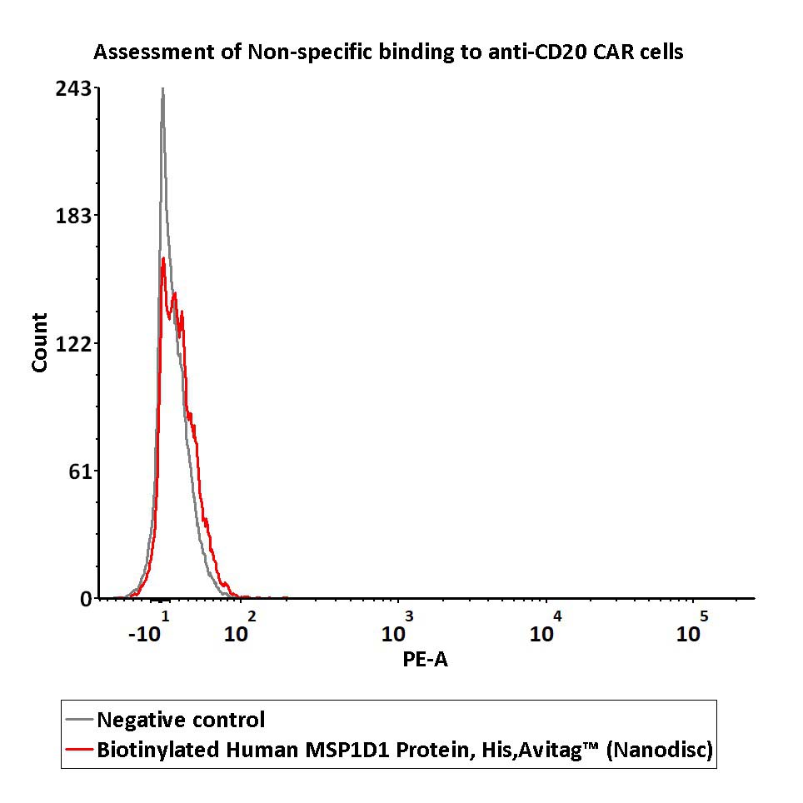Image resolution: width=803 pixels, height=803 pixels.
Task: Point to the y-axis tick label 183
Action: pyautogui.click(x=73, y=216)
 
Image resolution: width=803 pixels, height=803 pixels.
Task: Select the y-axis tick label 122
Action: pyautogui.click(x=73, y=343)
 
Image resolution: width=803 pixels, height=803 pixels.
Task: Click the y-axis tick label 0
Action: pyautogui.click(x=86, y=598)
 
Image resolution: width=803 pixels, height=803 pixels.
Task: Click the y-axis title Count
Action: pyautogui.click(x=39, y=342)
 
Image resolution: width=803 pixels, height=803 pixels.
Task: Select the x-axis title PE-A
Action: pyautogui.click(x=425, y=660)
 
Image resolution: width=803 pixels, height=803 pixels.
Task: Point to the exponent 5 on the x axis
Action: pyautogui.click(x=704, y=616)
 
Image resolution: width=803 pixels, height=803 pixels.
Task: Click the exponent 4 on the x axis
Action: pyautogui.click(x=557, y=616)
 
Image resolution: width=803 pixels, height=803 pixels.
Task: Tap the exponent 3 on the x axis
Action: pyautogui.click(x=409, y=616)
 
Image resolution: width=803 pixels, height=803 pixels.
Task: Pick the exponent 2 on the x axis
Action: pyautogui.click(x=252, y=616)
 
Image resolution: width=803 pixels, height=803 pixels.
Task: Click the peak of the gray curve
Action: pyautogui.click(x=162, y=89)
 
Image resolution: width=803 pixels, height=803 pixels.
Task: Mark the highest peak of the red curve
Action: pyautogui.click(x=163, y=259)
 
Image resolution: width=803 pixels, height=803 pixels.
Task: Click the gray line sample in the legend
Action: pyautogui.click(x=80, y=720)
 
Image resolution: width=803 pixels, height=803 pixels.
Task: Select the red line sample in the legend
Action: pyautogui.click(x=80, y=750)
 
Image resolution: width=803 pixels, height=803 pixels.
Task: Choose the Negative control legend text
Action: pyautogui.click(x=181, y=720)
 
